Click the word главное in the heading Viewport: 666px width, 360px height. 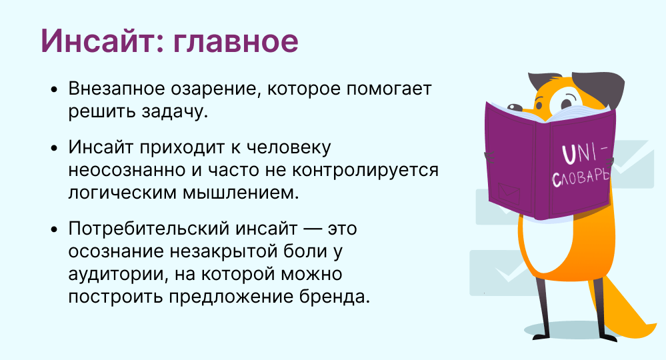[236, 41]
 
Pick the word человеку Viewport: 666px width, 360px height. [289, 148]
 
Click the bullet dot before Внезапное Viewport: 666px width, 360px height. [53, 90]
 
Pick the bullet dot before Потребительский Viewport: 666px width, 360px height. [53, 230]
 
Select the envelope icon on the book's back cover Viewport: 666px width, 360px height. [509, 193]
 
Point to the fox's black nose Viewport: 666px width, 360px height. [515, 107]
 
